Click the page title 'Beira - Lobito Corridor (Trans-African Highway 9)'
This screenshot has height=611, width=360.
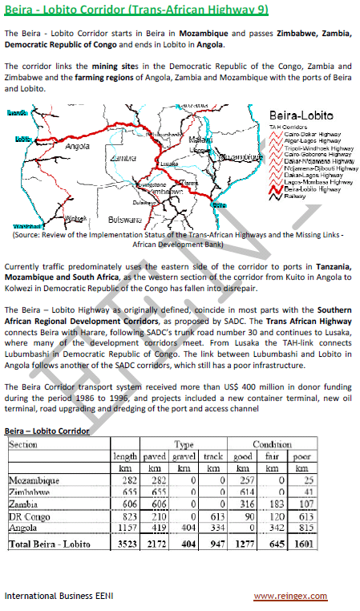tap(136, 10)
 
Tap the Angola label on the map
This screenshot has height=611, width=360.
tap(76, 148)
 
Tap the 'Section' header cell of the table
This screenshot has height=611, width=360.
tap(23, 443)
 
